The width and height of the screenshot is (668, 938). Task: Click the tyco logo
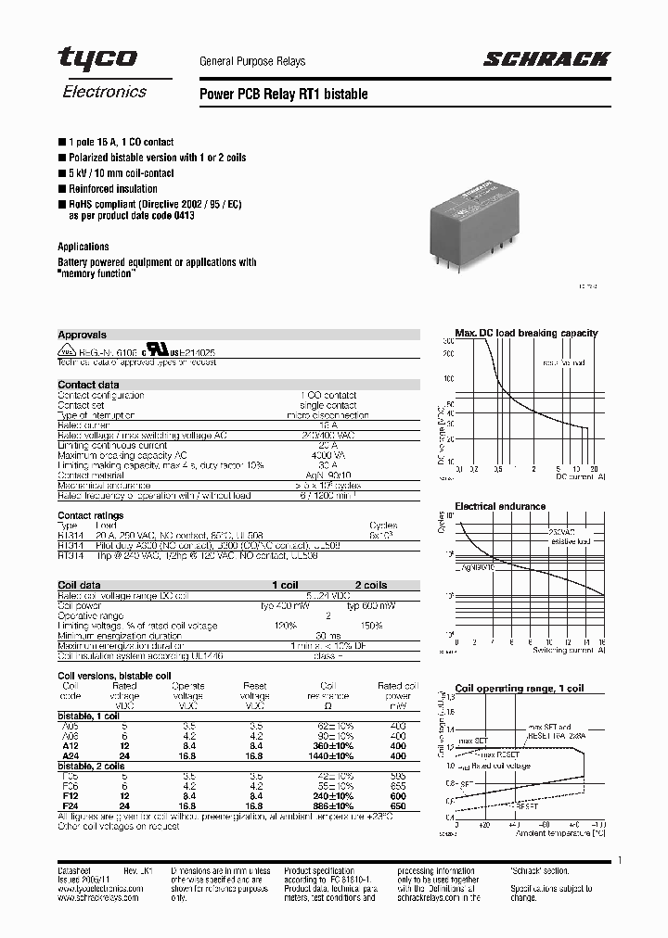[97, 58]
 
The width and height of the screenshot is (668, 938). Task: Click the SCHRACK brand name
[546, 60]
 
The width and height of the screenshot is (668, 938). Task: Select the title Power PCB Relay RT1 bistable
[284, 95]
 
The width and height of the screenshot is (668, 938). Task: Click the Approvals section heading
[82, 335]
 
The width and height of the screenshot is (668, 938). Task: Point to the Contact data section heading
[88, 385]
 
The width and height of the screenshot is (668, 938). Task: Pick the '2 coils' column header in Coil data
[369, 586]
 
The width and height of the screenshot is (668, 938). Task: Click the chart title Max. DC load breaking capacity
[526, 333]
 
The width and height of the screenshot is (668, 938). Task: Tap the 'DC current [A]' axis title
[580, 476]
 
